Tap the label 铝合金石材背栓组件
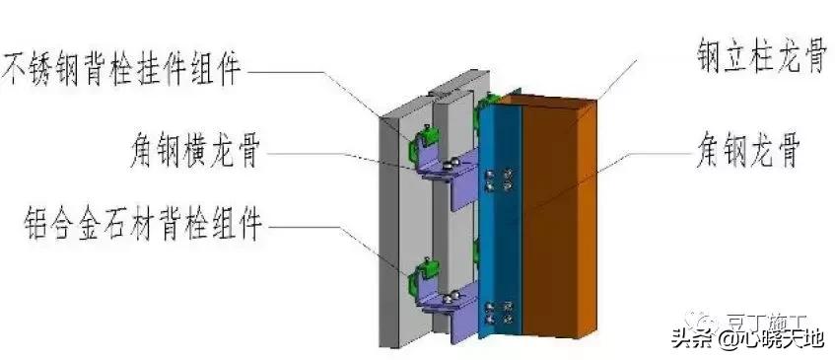pos(132,227)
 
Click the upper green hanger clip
pos(422,144)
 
